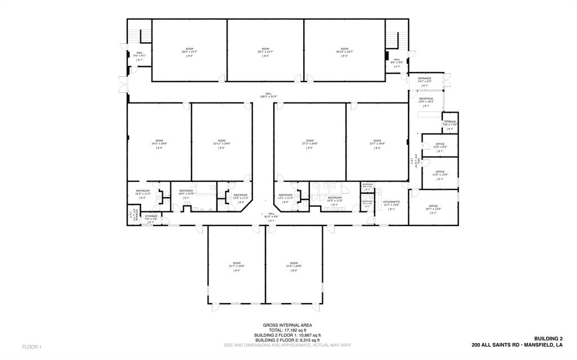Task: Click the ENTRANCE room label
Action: (x=424, y=79)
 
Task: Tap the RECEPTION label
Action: (x=426, y=99)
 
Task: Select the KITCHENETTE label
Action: (x=392, y=202)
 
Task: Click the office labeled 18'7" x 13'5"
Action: (x=433, y=207)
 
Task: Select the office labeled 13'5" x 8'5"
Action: (x=440, y=145)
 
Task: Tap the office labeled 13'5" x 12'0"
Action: (x=440, y=172)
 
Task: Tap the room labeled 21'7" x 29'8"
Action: (x=237, y=264)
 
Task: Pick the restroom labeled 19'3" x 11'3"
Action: (x=334, y=199)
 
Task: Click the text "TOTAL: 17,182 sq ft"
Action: (x=287, y=330)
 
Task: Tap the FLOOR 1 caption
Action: (x=32, y=346)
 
